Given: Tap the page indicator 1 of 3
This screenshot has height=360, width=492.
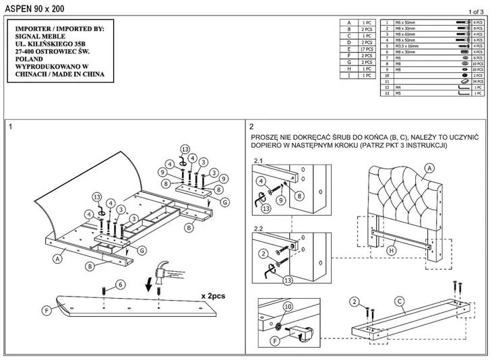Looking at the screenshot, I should pos(474,11).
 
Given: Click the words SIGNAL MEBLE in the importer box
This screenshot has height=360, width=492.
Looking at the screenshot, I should pos(39,36).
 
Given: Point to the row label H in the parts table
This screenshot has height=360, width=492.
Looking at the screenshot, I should pos(349,69).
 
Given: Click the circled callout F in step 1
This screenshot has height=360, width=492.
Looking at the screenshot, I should pos(47,311).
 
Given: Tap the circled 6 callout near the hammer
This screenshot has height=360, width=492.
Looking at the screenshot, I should pos(121,284).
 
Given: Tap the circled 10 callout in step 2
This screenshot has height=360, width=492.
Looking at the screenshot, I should pos(288,307).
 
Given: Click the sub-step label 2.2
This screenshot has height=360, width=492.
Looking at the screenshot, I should pos(259,229).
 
